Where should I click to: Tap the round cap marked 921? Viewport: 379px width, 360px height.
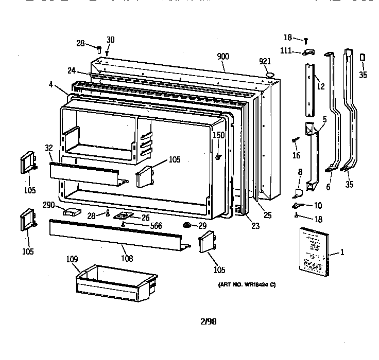click(269, 76)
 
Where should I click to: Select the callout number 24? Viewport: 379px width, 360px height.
click(71, 70)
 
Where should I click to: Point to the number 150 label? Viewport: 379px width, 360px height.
click(219, 135)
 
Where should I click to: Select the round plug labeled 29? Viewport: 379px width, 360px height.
click(186, 226)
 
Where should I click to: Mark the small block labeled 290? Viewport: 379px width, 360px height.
click(72, 212)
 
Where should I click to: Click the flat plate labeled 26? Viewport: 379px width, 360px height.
click(124, 216)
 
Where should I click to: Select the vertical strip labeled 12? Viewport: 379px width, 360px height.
click(310, 90)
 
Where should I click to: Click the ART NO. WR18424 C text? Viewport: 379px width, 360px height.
click(243, 285)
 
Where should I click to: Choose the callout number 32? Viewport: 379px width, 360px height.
click(48, 148)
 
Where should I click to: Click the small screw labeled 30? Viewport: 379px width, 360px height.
click(107, 52)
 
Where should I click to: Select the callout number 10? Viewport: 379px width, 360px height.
click(317, 206)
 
